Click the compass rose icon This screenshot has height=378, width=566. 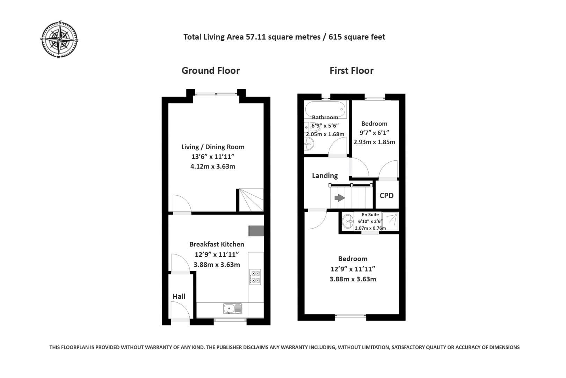coord(59,40)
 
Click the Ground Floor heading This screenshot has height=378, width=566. coord(210,71)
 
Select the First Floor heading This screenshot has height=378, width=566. coord(351,71)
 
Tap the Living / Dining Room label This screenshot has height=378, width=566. coord(212,147)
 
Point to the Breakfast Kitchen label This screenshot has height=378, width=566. coord(217,244)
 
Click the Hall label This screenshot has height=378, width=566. coord(179,296)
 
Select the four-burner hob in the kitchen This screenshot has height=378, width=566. coord(255,276)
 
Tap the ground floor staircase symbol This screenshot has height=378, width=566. coord(251,200)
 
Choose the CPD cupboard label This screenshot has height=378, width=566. coord(386,196)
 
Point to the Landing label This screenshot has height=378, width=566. coord(325,176)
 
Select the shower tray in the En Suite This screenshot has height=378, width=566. coord(390,221)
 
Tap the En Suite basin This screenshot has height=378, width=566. coord(348,222)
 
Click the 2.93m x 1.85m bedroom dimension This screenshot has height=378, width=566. coord(374,142)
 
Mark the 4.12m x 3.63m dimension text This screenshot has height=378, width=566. coord(212,167)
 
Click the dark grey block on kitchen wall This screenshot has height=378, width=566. coord(256,231)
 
